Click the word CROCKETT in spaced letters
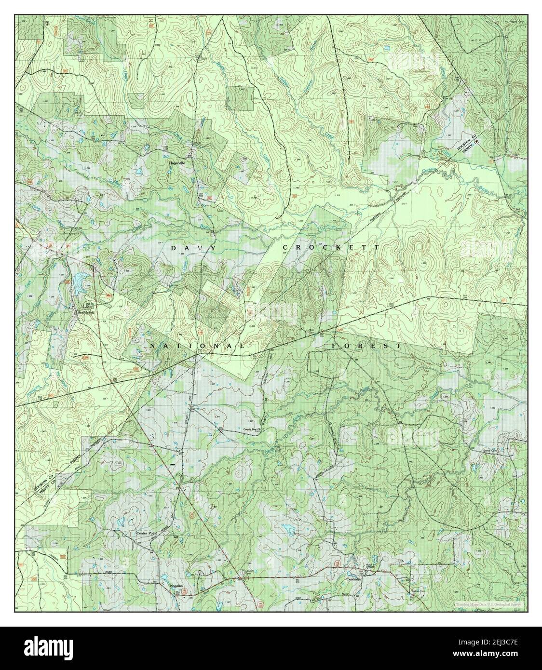coord(331,247)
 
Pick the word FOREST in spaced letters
coord(366,346)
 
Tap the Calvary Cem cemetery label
coord(241,568)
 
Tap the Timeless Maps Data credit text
coord(487,604)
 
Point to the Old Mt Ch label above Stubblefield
coord(88,305)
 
